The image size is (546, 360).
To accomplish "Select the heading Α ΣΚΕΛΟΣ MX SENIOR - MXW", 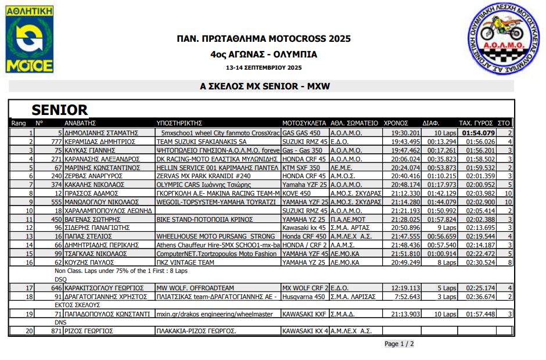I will (264, 87).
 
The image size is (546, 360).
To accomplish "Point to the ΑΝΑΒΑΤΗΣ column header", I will (80, 123).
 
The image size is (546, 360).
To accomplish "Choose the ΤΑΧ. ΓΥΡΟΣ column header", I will (476, 123).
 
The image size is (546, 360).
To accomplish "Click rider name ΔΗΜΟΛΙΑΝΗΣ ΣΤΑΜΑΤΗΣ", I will (101, 132).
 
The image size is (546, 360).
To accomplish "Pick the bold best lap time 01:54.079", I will (478, 132).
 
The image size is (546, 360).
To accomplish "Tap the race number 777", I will (56, 141).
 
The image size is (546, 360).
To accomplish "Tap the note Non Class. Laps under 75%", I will (121, 271).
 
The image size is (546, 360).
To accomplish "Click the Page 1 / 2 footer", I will (399, 344).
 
